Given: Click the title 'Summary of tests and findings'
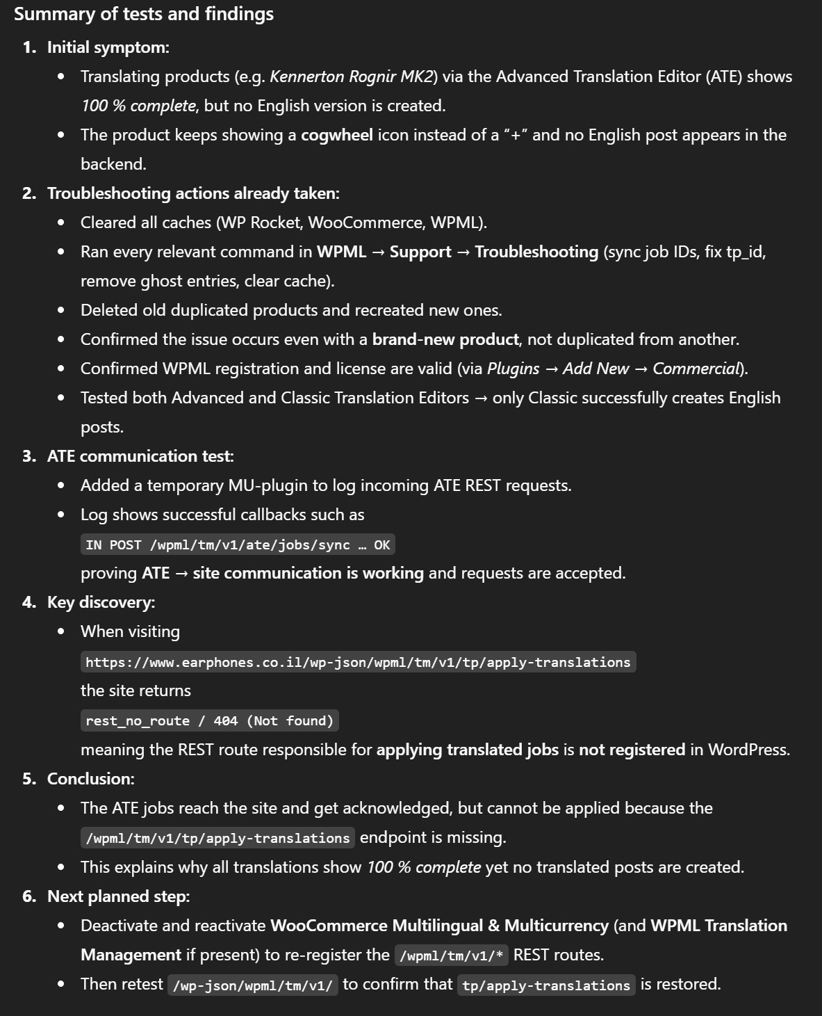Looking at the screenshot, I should point(144,15).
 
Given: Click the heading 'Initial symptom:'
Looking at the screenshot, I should point(108,47).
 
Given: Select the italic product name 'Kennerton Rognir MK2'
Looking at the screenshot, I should point(352,76).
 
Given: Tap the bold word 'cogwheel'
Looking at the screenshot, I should point(336,135).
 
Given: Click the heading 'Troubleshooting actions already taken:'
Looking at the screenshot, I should point(193,193).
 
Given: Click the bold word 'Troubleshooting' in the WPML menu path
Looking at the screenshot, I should point(536,252).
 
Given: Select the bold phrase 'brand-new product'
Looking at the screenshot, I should point(445,339).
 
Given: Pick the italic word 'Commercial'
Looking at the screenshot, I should point(696,369).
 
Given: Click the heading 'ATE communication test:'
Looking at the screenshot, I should point(140,456).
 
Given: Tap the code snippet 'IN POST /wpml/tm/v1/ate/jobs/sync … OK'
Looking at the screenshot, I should point(238,545).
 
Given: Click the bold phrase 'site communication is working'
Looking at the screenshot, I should point(308,573).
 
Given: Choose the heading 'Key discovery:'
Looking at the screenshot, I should point(101,602).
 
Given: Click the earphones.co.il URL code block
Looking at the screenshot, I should point(358,662).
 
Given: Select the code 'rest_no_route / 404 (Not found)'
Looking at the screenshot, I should point(209,720).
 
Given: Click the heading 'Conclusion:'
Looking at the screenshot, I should point(90,779).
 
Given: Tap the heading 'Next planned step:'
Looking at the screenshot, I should point(118,896).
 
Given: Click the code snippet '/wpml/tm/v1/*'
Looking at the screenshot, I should point(452,955).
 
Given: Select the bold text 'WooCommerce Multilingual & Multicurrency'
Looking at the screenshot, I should point(439,926).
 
